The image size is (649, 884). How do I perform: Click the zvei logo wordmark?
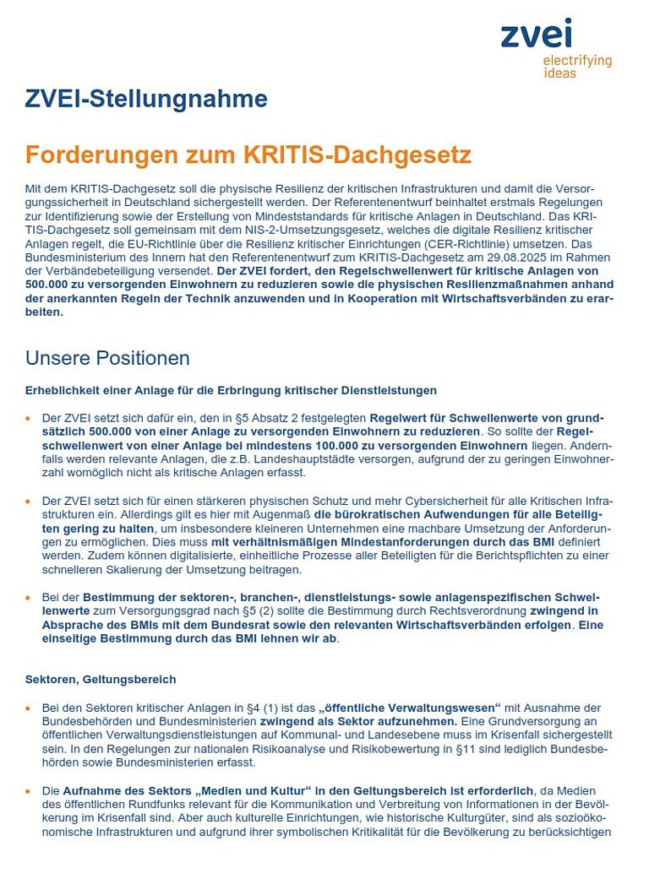point(536,35)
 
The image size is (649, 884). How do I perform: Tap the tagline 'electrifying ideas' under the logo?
point(577,67)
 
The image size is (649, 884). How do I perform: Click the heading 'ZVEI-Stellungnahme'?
point(146,100)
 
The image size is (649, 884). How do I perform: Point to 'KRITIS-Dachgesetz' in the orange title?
point(357,155)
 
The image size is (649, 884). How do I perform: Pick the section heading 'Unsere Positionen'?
point(107,358)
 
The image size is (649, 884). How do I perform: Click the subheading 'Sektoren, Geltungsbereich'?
point(101,679)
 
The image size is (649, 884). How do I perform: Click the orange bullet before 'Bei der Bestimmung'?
point(29,597)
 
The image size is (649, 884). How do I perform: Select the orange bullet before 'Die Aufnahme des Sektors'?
point(29,791)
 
